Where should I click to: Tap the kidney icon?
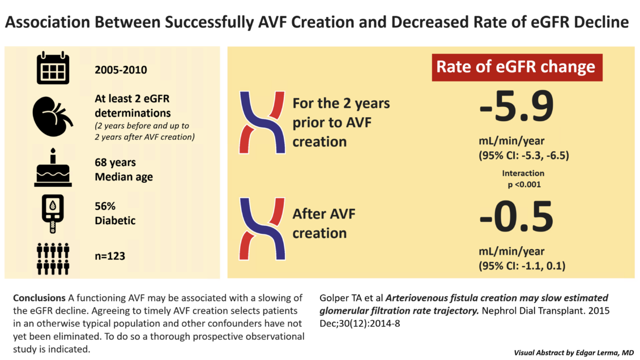click(52, 116)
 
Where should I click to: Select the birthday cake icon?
click(53, 169)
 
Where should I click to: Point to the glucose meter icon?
click(53, 213)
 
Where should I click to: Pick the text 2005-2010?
click(121, 71)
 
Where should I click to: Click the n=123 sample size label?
click(110, 256)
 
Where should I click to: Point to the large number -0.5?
click(515, 217)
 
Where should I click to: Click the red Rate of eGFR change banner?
click(516, 67)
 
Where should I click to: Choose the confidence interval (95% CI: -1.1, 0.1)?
click(523, 265)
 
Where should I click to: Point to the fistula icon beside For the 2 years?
click(261, 122)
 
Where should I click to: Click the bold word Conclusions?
click(39, 298)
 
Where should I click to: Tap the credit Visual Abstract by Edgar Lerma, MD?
click(573, 353)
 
